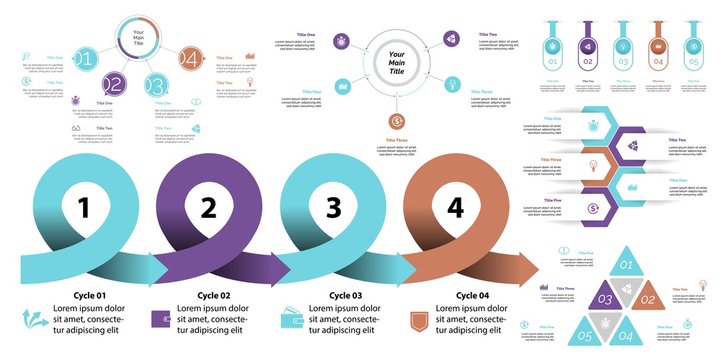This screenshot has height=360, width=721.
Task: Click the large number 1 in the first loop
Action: coord(84,208)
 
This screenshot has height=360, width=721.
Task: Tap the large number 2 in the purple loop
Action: coord(209,208)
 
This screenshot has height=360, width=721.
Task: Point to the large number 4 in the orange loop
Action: coord(456,208)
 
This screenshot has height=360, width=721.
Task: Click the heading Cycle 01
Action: coord(86,296)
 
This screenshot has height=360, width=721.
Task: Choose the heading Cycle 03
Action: coord(345,296)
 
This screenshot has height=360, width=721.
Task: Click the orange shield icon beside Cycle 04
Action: coord(421,320)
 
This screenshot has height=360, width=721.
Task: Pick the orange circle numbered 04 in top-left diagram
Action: coord(190,59)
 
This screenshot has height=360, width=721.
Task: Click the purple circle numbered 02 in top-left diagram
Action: coord(114,85)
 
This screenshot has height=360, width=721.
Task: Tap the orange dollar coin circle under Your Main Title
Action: coord(398,121)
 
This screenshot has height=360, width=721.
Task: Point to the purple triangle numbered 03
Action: coord(605,298)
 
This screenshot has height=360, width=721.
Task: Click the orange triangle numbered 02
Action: coord(647,298)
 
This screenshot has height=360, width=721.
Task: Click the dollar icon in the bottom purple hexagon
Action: coord(593,208)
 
